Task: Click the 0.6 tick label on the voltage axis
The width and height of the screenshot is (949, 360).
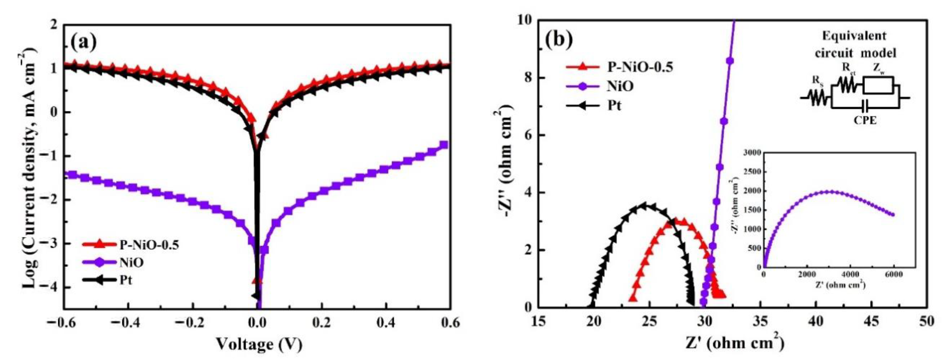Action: [450, 323]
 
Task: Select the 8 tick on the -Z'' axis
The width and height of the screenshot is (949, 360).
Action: [527, 78]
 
